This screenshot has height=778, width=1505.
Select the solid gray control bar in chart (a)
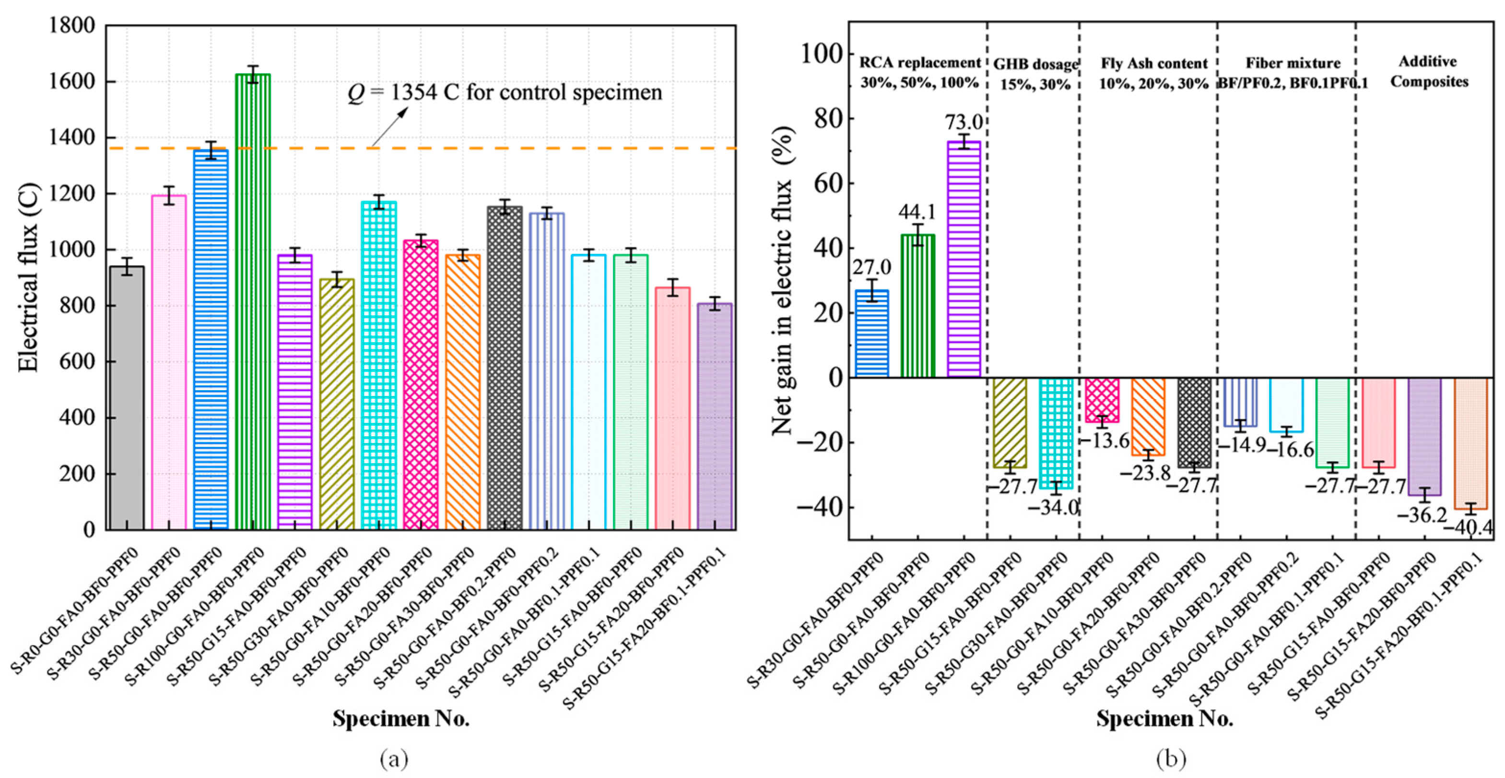pyautogui.click(x=127, y=397)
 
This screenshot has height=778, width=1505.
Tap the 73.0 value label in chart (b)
pyautogui.click(x=964, y=122)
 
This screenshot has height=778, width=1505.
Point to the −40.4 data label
pyautogui.click(x=1468, y=528)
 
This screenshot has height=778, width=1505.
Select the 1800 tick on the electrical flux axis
pyautogui.click(x=71, y=26)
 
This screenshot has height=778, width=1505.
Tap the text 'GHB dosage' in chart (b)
pyautogui.click(x=1035, y=64)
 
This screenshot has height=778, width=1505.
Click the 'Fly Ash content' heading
pyautogui.click(x=1154, y=63)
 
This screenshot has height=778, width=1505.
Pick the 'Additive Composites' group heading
pyautogui.click(x=1429, y=72)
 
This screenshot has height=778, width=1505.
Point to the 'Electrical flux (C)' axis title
pyautogui.click(x=27, y=277)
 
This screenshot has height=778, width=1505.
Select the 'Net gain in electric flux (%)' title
pyautogui.click(x=783, y=281)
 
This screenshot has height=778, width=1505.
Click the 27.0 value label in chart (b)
pyautogui.click(x=872, y=267)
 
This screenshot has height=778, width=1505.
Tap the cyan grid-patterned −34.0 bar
pyautogui.click(x=1056, y=432)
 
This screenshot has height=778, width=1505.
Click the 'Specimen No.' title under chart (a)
pyautogui.click(x=401, y=718)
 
